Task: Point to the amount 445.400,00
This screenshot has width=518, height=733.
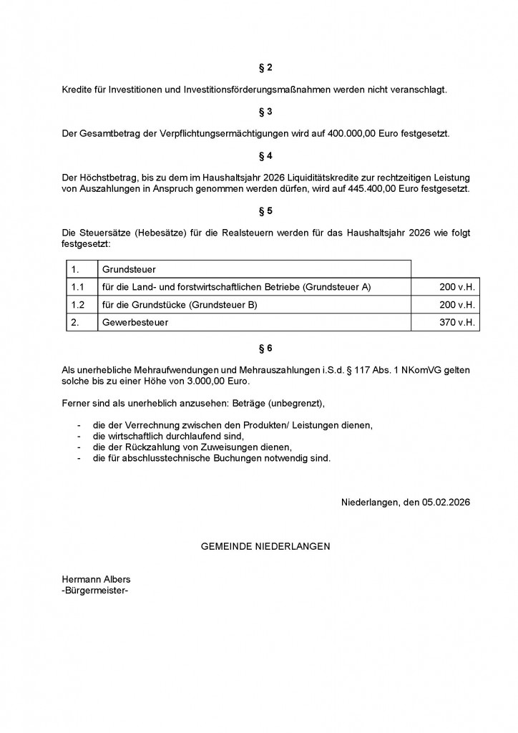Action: click(381, 189)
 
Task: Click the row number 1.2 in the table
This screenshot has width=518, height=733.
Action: click(78, 305)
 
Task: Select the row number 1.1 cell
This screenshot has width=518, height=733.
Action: click(78, 287)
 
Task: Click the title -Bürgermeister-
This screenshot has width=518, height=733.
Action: click(96, 591)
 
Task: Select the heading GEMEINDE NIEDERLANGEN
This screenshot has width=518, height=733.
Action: click(265, 545)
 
